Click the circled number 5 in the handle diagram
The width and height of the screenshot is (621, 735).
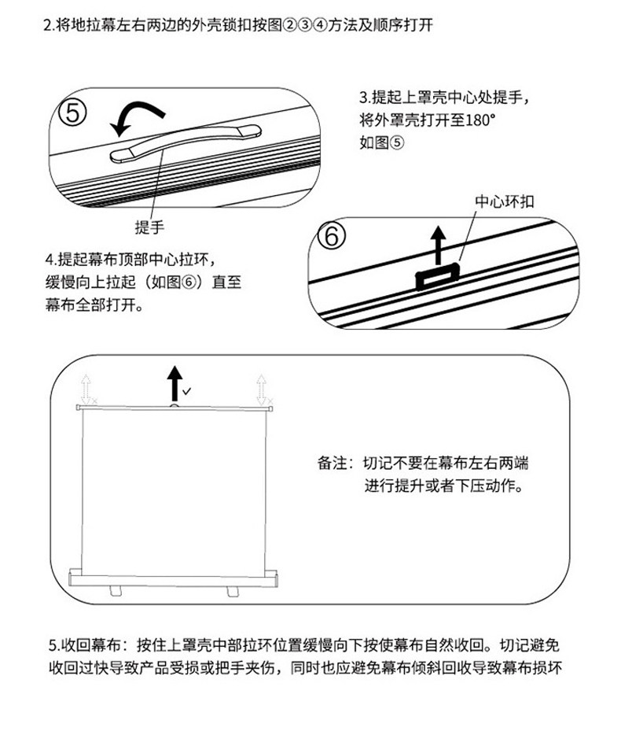[x=72, y=115]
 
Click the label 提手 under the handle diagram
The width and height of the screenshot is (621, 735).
[x=149, y=228]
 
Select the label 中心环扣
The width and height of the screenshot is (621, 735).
[x=505, y=201]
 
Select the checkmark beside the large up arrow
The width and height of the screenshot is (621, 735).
[x=186, y=390]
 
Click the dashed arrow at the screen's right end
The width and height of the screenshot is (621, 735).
[x=262, y=390]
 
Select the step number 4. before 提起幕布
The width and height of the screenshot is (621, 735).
[x=51, y=259]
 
